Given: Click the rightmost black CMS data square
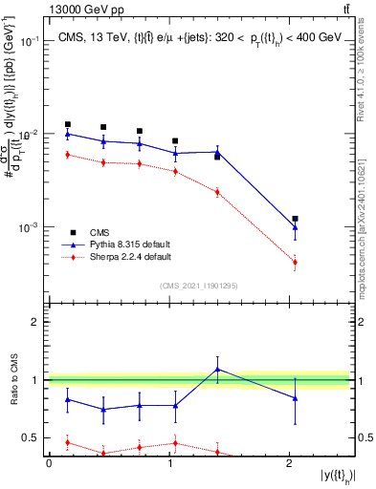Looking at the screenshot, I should tap(295, 219).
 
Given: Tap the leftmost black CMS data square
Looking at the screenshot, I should tap(67, 124).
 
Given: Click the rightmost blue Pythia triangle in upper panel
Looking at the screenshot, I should tap(295, 227).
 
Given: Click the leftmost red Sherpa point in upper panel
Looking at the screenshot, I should tap(67, 155).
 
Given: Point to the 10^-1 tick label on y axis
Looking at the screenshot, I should tap(31, 41).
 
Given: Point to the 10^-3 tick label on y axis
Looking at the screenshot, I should tap(31, 228).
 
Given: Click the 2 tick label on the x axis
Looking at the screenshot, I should tap(289, 463).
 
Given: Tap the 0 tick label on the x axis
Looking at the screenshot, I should tap(49, 463).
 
